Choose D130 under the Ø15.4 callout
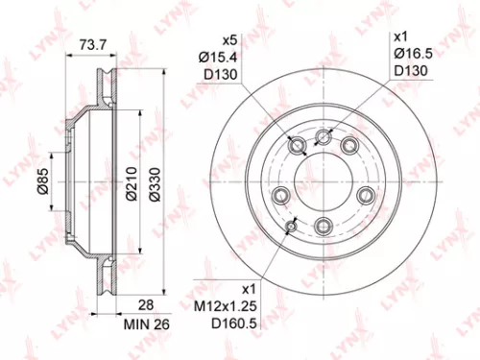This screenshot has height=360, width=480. coord(222,78)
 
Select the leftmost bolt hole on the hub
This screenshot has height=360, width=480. coord(281,197)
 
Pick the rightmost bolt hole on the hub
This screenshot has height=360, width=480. coord(364,196)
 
